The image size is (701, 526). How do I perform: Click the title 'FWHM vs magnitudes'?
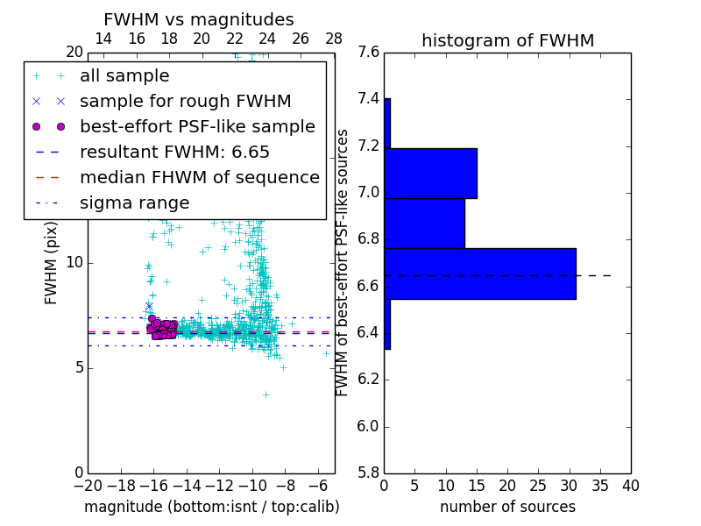click(x=199, y=19)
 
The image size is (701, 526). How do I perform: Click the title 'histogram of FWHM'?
click(x=507, y=40)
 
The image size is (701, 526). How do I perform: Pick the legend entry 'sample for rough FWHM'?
click(x=185, y=102)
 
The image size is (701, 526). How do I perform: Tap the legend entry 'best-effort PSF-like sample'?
click(x=197, y=127)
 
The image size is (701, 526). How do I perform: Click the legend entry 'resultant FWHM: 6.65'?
click(x=174, y=153)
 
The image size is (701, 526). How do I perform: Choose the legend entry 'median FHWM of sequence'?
click(x=199, y=178)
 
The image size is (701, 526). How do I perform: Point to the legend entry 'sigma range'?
click(x=134, y=203)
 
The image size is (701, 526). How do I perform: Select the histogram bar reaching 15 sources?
click(x=430, y=174)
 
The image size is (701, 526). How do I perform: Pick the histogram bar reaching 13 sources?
click(x=424, y=224)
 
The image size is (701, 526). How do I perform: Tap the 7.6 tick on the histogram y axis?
click(x=368, y=52)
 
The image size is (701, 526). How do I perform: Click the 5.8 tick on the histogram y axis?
click(x=368, y=473)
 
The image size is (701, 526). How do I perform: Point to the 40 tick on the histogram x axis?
click(x=630, y=485)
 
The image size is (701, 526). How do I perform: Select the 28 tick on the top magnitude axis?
click(x=334, y=39)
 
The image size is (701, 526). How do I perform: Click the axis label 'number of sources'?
click(x=507, y=508)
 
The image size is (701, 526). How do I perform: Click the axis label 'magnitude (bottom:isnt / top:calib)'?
click(x=211, y=508)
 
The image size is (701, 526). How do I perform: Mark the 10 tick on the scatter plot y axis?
click(x=74, y=262)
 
